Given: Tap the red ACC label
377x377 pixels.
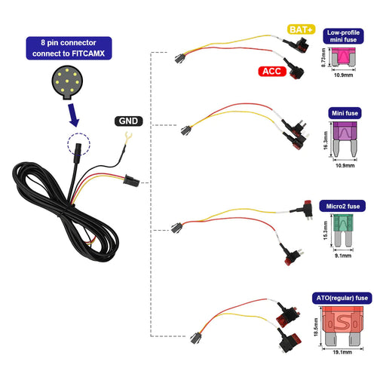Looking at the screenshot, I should point(271,72).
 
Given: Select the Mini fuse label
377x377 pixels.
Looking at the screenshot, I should point(343,113).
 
